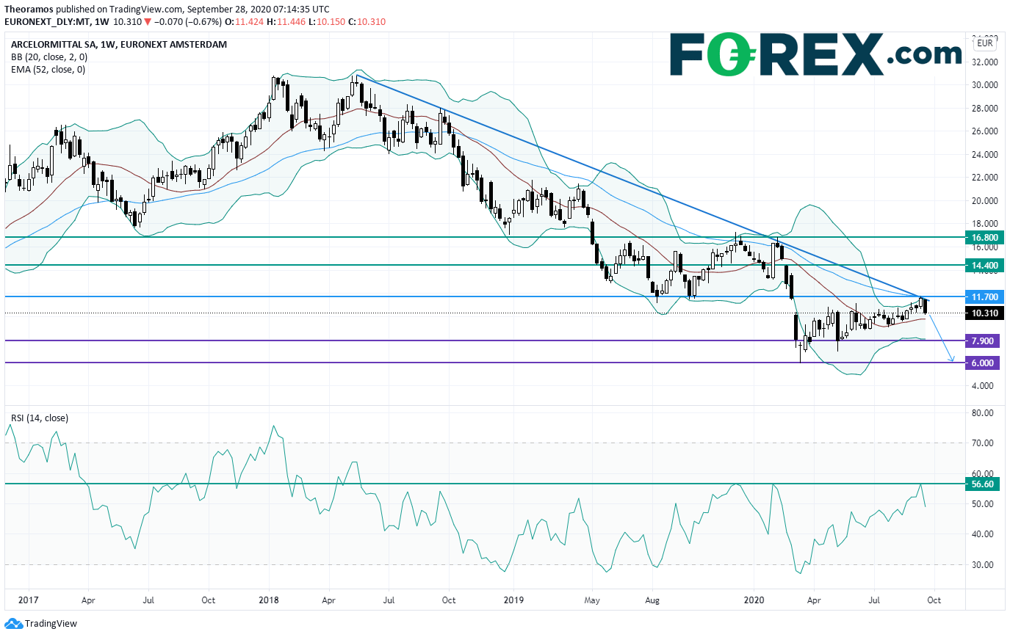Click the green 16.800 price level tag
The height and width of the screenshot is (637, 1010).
985,238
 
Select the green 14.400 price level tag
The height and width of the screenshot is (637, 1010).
985,265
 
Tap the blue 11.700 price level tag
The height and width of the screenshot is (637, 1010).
985,297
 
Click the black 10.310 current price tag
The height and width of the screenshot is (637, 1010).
985,313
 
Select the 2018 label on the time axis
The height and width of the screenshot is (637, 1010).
270,600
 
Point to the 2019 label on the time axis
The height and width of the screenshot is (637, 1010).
511,600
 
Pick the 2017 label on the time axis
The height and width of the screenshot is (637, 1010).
27,600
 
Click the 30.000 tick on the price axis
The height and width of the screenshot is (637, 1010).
984,85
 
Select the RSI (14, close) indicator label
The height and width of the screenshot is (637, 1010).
39,418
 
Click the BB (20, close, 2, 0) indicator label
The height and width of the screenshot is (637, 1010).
47,57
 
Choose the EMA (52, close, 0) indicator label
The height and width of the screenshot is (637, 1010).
48,70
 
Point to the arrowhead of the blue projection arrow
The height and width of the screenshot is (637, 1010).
952,360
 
